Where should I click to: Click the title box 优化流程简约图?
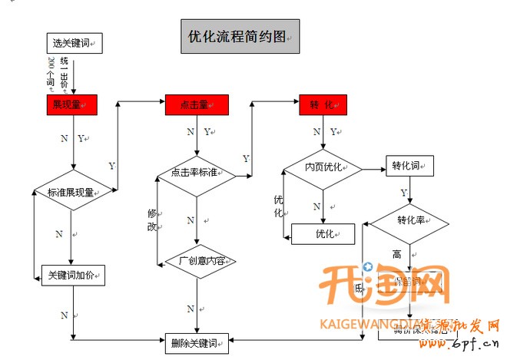240,36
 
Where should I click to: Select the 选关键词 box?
74,42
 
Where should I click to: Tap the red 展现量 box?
71,105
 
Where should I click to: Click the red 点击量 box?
197,105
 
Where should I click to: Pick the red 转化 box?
323,105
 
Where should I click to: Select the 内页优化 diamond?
323,167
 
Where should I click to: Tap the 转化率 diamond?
411,221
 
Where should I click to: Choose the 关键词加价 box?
72,274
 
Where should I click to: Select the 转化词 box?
409,166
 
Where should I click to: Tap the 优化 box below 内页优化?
323,233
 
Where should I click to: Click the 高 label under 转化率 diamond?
397,254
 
